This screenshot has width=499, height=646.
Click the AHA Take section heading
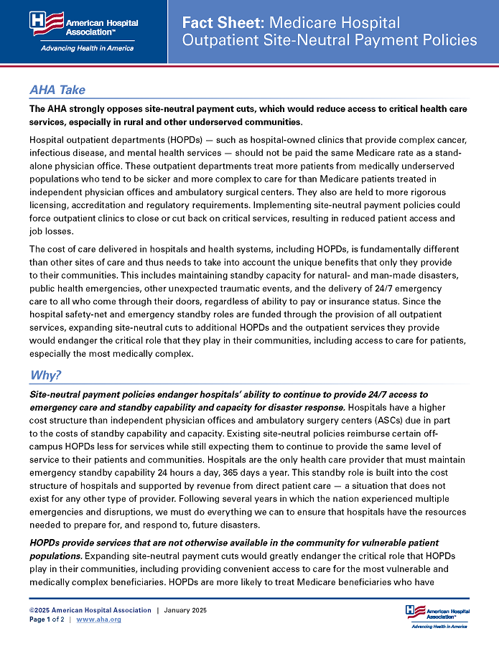(57, 90)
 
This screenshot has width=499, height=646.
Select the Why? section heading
(45, 375)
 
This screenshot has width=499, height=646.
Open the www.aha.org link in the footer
(98, 619)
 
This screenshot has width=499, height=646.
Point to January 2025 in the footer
(185, 610)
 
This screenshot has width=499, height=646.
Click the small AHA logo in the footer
(437, 614)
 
